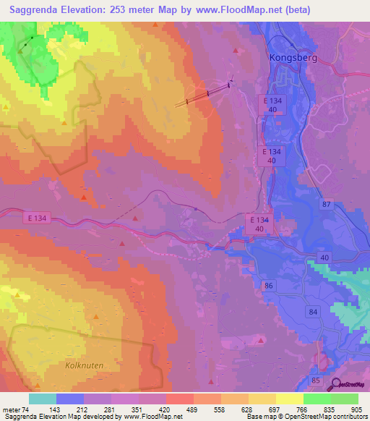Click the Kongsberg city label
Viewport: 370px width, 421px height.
click(293, 56)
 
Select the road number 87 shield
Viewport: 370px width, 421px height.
click(327, 205)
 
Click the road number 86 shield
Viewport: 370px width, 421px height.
click(270, 286)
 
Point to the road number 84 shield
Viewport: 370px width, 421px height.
click(312, 312)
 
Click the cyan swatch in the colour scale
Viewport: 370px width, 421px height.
click(43, 399)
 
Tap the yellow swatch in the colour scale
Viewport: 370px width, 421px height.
click(288, 399)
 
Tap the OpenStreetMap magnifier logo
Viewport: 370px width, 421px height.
click(337, 385)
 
